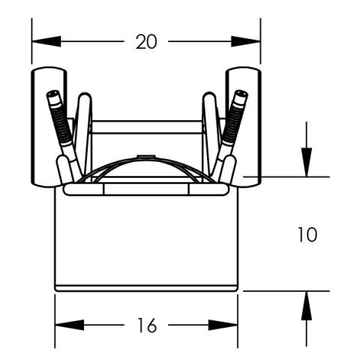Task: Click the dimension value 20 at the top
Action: [x=146, y=42]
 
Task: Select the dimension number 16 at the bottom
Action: [x=147, y=325]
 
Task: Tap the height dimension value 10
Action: [x=306, y=235]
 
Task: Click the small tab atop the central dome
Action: [x=147, y=157]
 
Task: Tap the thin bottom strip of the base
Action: [x=147, y=286]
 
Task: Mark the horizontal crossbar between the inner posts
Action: [x=147, y=127]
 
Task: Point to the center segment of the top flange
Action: [x=147, y=190]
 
